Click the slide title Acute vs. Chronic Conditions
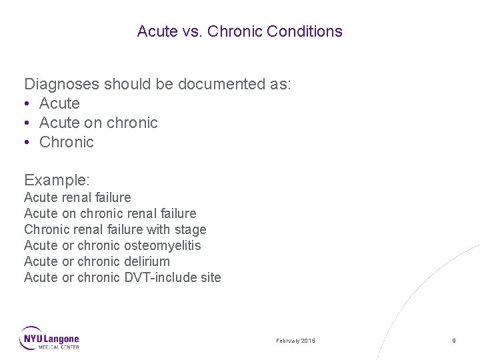[x=239, y=31]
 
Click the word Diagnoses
[x=58, y=85]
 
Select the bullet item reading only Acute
[x=59, y=104]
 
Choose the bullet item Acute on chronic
[x=98, y=123]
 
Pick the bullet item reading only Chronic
[x=67, y=142]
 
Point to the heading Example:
[x=57, y=180]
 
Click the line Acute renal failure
[x=77, y=197]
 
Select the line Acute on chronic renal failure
[x=110, y=213]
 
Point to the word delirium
[x=147, y=261]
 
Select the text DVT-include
[x=159, y=277]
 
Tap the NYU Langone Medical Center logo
[x=49, y=338]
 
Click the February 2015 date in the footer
[x=296, y=341]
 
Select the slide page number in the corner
[x=453, y=341]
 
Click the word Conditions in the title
[x=309, y=31]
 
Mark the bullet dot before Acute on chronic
[x=28, y=123]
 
